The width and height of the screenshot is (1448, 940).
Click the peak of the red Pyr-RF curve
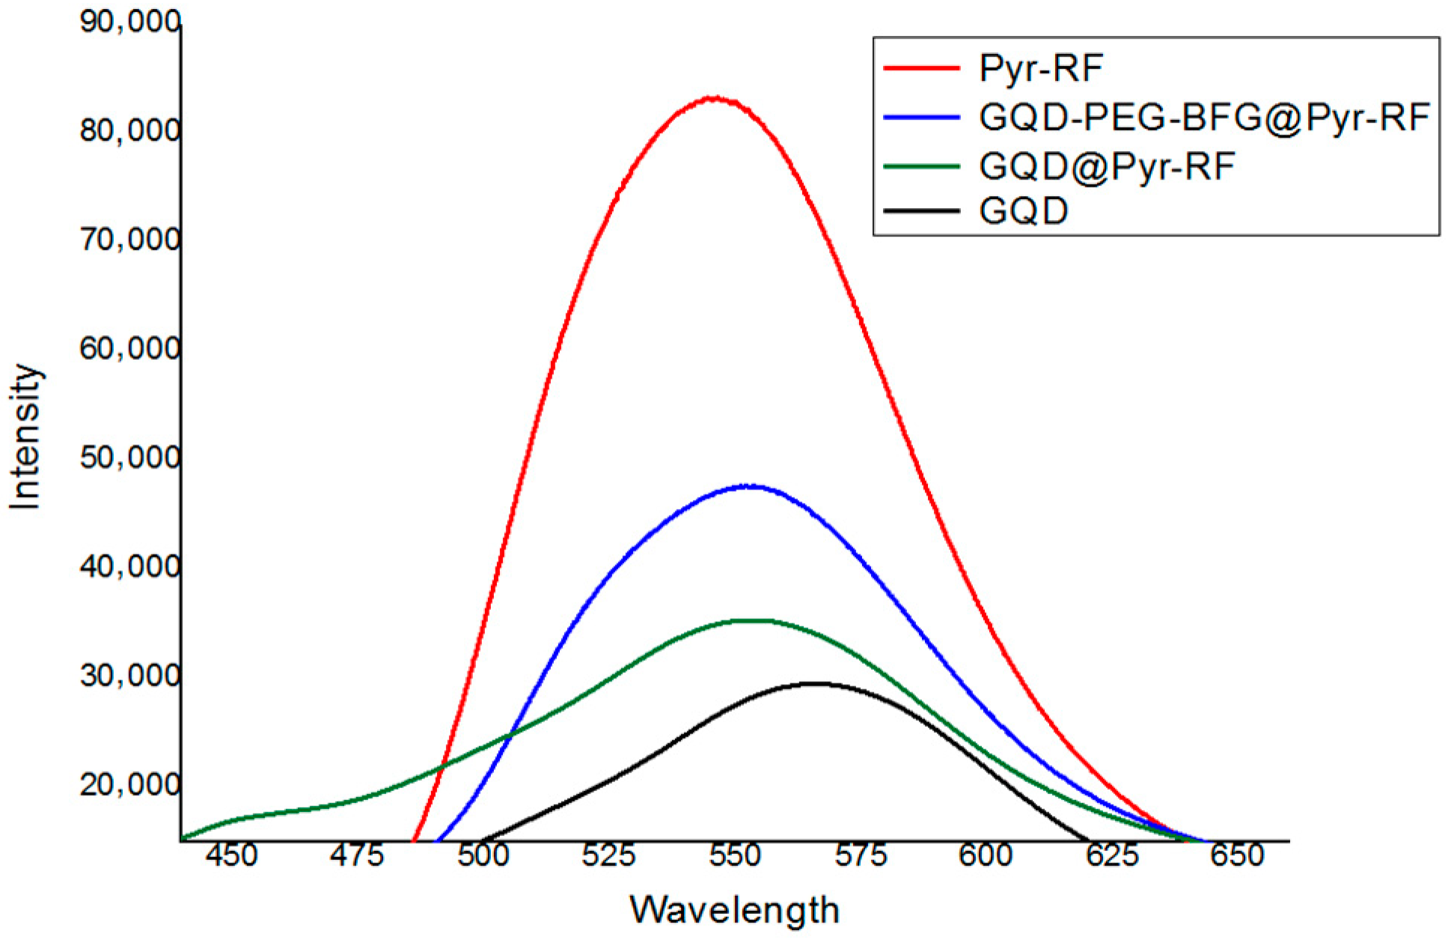(715, 98)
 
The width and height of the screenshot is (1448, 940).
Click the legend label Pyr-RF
(1041, 69)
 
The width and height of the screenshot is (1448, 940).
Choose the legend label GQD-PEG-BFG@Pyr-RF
(1205, 117)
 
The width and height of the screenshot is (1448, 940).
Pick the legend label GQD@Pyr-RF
(1107, 166)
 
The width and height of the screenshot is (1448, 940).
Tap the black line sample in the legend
(921, 212)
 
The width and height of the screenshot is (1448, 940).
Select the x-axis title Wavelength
(734, 909)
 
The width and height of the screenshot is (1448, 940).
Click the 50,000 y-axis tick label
(129, 458)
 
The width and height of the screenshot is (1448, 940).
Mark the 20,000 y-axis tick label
(129, 785)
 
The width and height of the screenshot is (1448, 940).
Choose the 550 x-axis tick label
(734, 855)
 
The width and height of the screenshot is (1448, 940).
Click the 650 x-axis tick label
(1237, 855)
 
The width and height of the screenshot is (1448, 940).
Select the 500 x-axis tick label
(483, 855)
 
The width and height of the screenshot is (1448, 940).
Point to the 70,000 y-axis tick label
(129, 240)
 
